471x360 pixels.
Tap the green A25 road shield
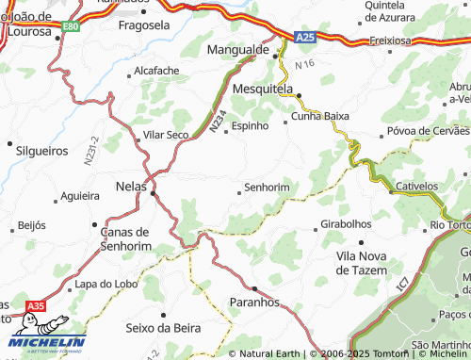[x=302, y=37]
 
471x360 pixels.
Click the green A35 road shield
[x=36, y=305]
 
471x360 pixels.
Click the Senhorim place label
[x=266, y=188]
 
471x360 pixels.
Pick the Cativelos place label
[x=418, y=187]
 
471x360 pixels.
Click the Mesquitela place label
[x=264, y=90]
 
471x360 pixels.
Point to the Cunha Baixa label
[x=319, y=116]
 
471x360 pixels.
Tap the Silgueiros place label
[x=42, y=150]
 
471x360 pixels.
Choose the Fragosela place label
[x=143, y=25]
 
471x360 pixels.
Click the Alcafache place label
[x=156, y=71]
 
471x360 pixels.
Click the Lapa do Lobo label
[x=106, y=284]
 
